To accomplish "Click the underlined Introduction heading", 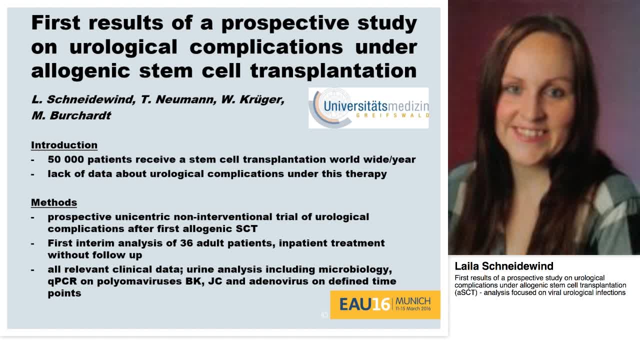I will pos(64,145).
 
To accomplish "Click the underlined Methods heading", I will pos(53,202).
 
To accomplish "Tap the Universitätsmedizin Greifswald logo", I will pos(368,108).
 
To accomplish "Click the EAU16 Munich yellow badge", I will pos(384,304).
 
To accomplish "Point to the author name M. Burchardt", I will pos(71,115).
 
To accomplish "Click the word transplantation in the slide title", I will pos(333,71).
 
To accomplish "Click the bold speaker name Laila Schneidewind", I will pos(503,266).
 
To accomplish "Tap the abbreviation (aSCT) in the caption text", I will pos(467,292).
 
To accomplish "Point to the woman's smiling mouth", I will pos(534,133).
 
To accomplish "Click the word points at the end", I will pos(64,293).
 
